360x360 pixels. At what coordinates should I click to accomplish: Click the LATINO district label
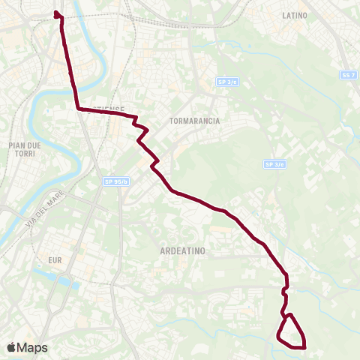click(x=295, y=15)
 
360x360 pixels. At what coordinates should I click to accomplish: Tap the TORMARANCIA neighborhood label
click(x=194, y=121)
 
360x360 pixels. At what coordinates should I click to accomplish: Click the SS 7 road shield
click(x=346, y=76)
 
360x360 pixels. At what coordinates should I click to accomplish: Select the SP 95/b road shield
click(x=116, y=181)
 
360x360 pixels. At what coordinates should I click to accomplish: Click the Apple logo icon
click(x=11, y=347)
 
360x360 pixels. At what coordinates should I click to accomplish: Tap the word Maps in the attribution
click(x=32, y=347)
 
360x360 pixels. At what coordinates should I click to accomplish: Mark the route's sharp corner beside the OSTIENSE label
click(x=78, y=109)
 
